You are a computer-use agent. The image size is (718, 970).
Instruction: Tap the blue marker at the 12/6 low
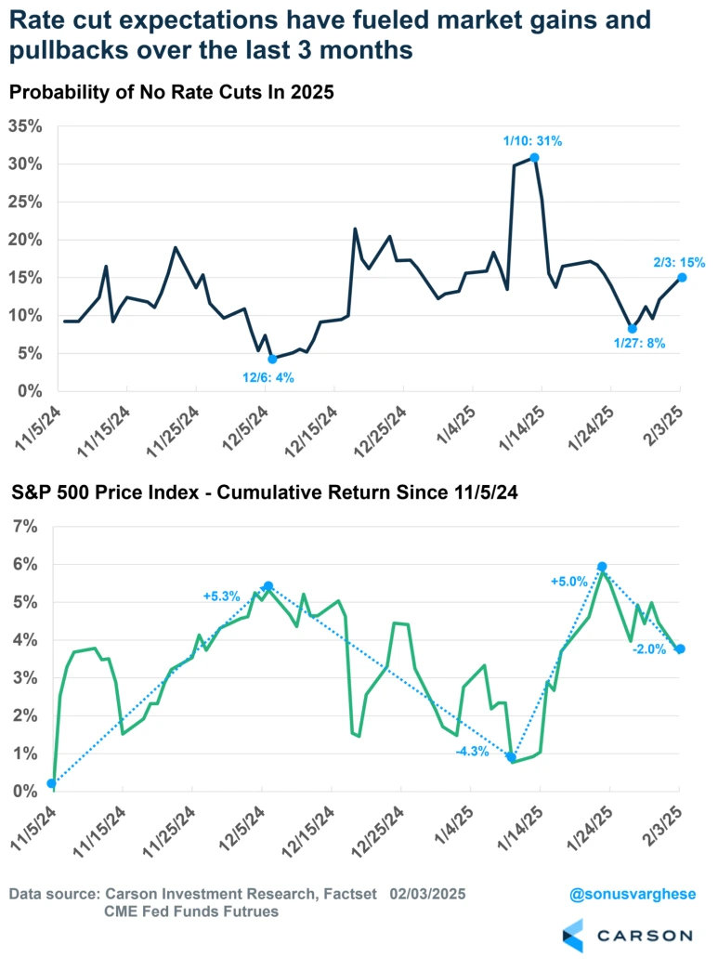272,359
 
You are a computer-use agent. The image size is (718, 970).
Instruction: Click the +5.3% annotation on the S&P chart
222,596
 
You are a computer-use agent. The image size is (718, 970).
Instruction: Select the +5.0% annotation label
569,582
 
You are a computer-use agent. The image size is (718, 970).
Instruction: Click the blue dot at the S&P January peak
602,566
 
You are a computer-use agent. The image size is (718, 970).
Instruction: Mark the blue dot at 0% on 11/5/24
51,783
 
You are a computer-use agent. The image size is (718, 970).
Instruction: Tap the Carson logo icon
572,936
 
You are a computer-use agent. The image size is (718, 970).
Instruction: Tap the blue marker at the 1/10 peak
534,158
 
